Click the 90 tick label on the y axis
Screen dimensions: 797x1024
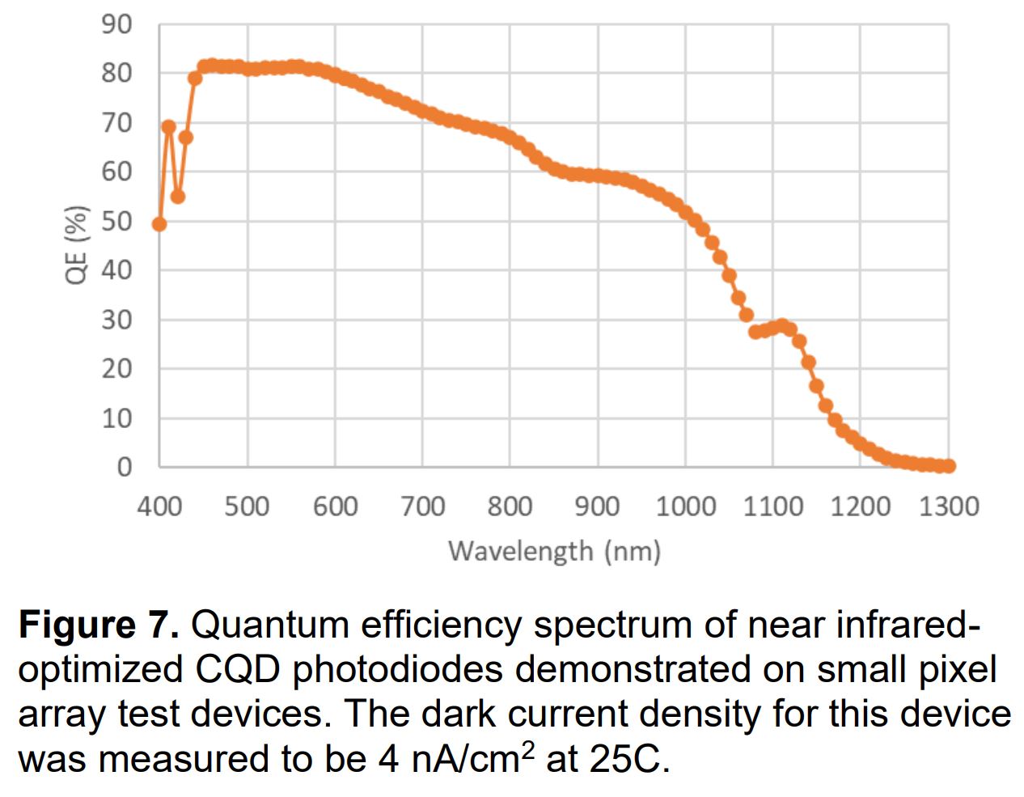click(116, 24)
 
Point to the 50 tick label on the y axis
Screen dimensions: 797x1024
click(116, 221)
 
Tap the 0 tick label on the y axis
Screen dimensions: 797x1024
click(124, 467)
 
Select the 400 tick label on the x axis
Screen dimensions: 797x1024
click(159, 507)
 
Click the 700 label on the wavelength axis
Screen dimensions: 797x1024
click(422, 507)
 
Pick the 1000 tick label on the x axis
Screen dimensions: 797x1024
click(685, 507)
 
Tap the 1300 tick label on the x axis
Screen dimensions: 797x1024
click(948, 507)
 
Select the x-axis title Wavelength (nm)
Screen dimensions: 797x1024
click(554, 551)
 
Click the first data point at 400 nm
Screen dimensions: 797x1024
click(159, 224)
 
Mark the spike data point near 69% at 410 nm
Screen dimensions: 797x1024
click(168, 127)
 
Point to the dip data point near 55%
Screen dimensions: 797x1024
click(178, 197)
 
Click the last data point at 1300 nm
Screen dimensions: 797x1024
click(949, 466)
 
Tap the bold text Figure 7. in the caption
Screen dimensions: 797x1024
click(99, 625)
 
